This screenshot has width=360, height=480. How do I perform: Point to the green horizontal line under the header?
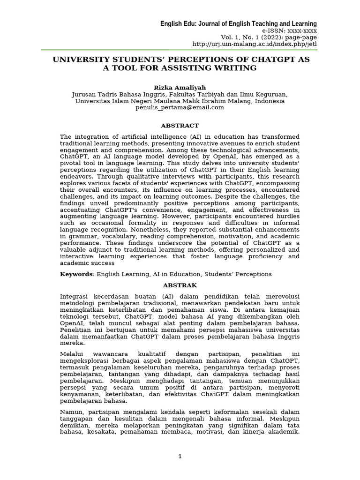click(x=180, y=50)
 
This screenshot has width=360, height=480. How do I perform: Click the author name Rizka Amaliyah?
click(x=180, y=88)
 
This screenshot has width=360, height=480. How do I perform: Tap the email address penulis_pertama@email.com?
click(x=180, y=107)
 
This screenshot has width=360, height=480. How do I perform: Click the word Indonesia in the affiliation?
click(x=268, y=101)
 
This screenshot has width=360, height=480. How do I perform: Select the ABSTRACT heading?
click(x=180, y=126)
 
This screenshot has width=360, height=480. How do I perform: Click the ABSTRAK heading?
click(x=180, y=285)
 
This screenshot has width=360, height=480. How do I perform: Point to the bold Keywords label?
click(x=76, y=274)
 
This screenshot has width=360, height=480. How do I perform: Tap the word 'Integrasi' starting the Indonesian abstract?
click(x=76, y=296)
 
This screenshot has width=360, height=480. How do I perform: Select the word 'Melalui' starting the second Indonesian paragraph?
click(x=74, y=354)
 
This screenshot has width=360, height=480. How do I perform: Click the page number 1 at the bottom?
click(x=180, y=457)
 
